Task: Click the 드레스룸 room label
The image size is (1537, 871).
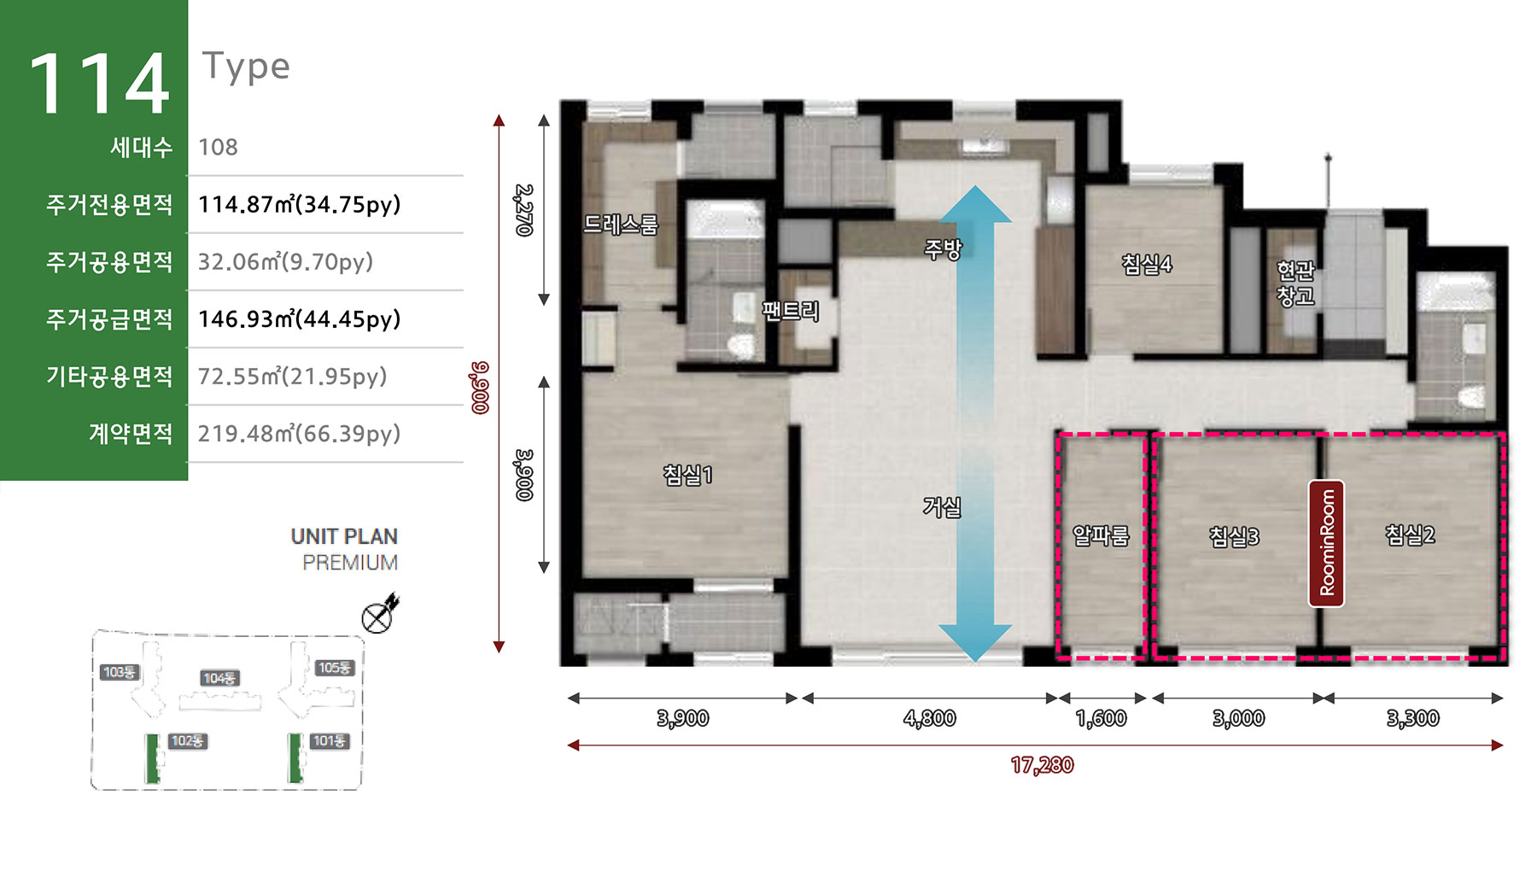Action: (621, 225)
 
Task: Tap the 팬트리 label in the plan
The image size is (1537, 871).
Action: (791, 311)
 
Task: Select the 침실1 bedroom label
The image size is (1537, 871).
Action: (687, 475)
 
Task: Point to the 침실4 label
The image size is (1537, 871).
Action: (1147, 265)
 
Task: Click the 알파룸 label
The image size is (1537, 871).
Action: (1101, 535)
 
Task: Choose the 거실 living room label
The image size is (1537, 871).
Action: (942, 507)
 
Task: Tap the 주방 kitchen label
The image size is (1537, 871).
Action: (943, 249)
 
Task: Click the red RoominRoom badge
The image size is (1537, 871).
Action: (1327, 543)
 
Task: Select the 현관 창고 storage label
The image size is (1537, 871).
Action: (1295, 284)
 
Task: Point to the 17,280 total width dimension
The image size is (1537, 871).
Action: (1042, 765)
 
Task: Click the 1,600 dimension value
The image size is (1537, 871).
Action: (1102, 718)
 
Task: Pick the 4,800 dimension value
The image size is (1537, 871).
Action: (929, 718)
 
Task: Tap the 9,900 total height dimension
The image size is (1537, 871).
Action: (480, 388)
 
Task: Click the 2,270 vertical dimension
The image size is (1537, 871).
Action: (524, 210)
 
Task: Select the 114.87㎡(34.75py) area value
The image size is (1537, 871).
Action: (299, 205)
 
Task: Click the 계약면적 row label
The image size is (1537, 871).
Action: (131, 434)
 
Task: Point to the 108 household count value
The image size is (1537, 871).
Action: (218, 147)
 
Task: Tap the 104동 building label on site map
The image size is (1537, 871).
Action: (219, 678)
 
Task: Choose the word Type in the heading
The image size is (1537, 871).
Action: (246, 67)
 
